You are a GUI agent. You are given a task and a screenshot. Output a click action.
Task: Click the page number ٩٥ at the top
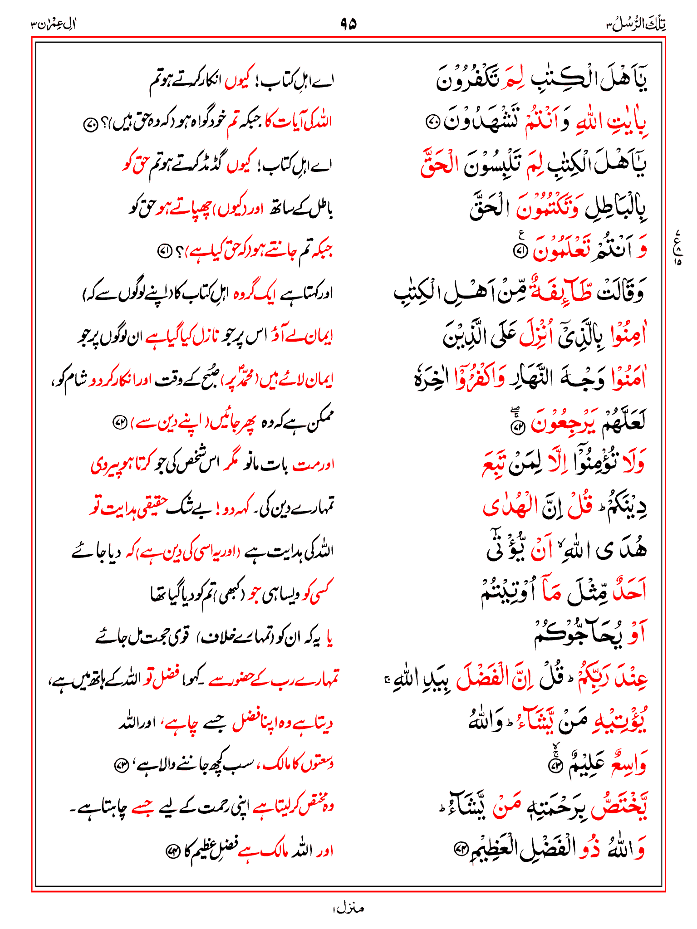coord(348,24)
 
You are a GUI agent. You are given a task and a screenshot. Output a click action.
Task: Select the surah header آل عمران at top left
coord(54,24)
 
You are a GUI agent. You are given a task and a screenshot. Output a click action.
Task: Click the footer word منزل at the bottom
coord(348,908)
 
